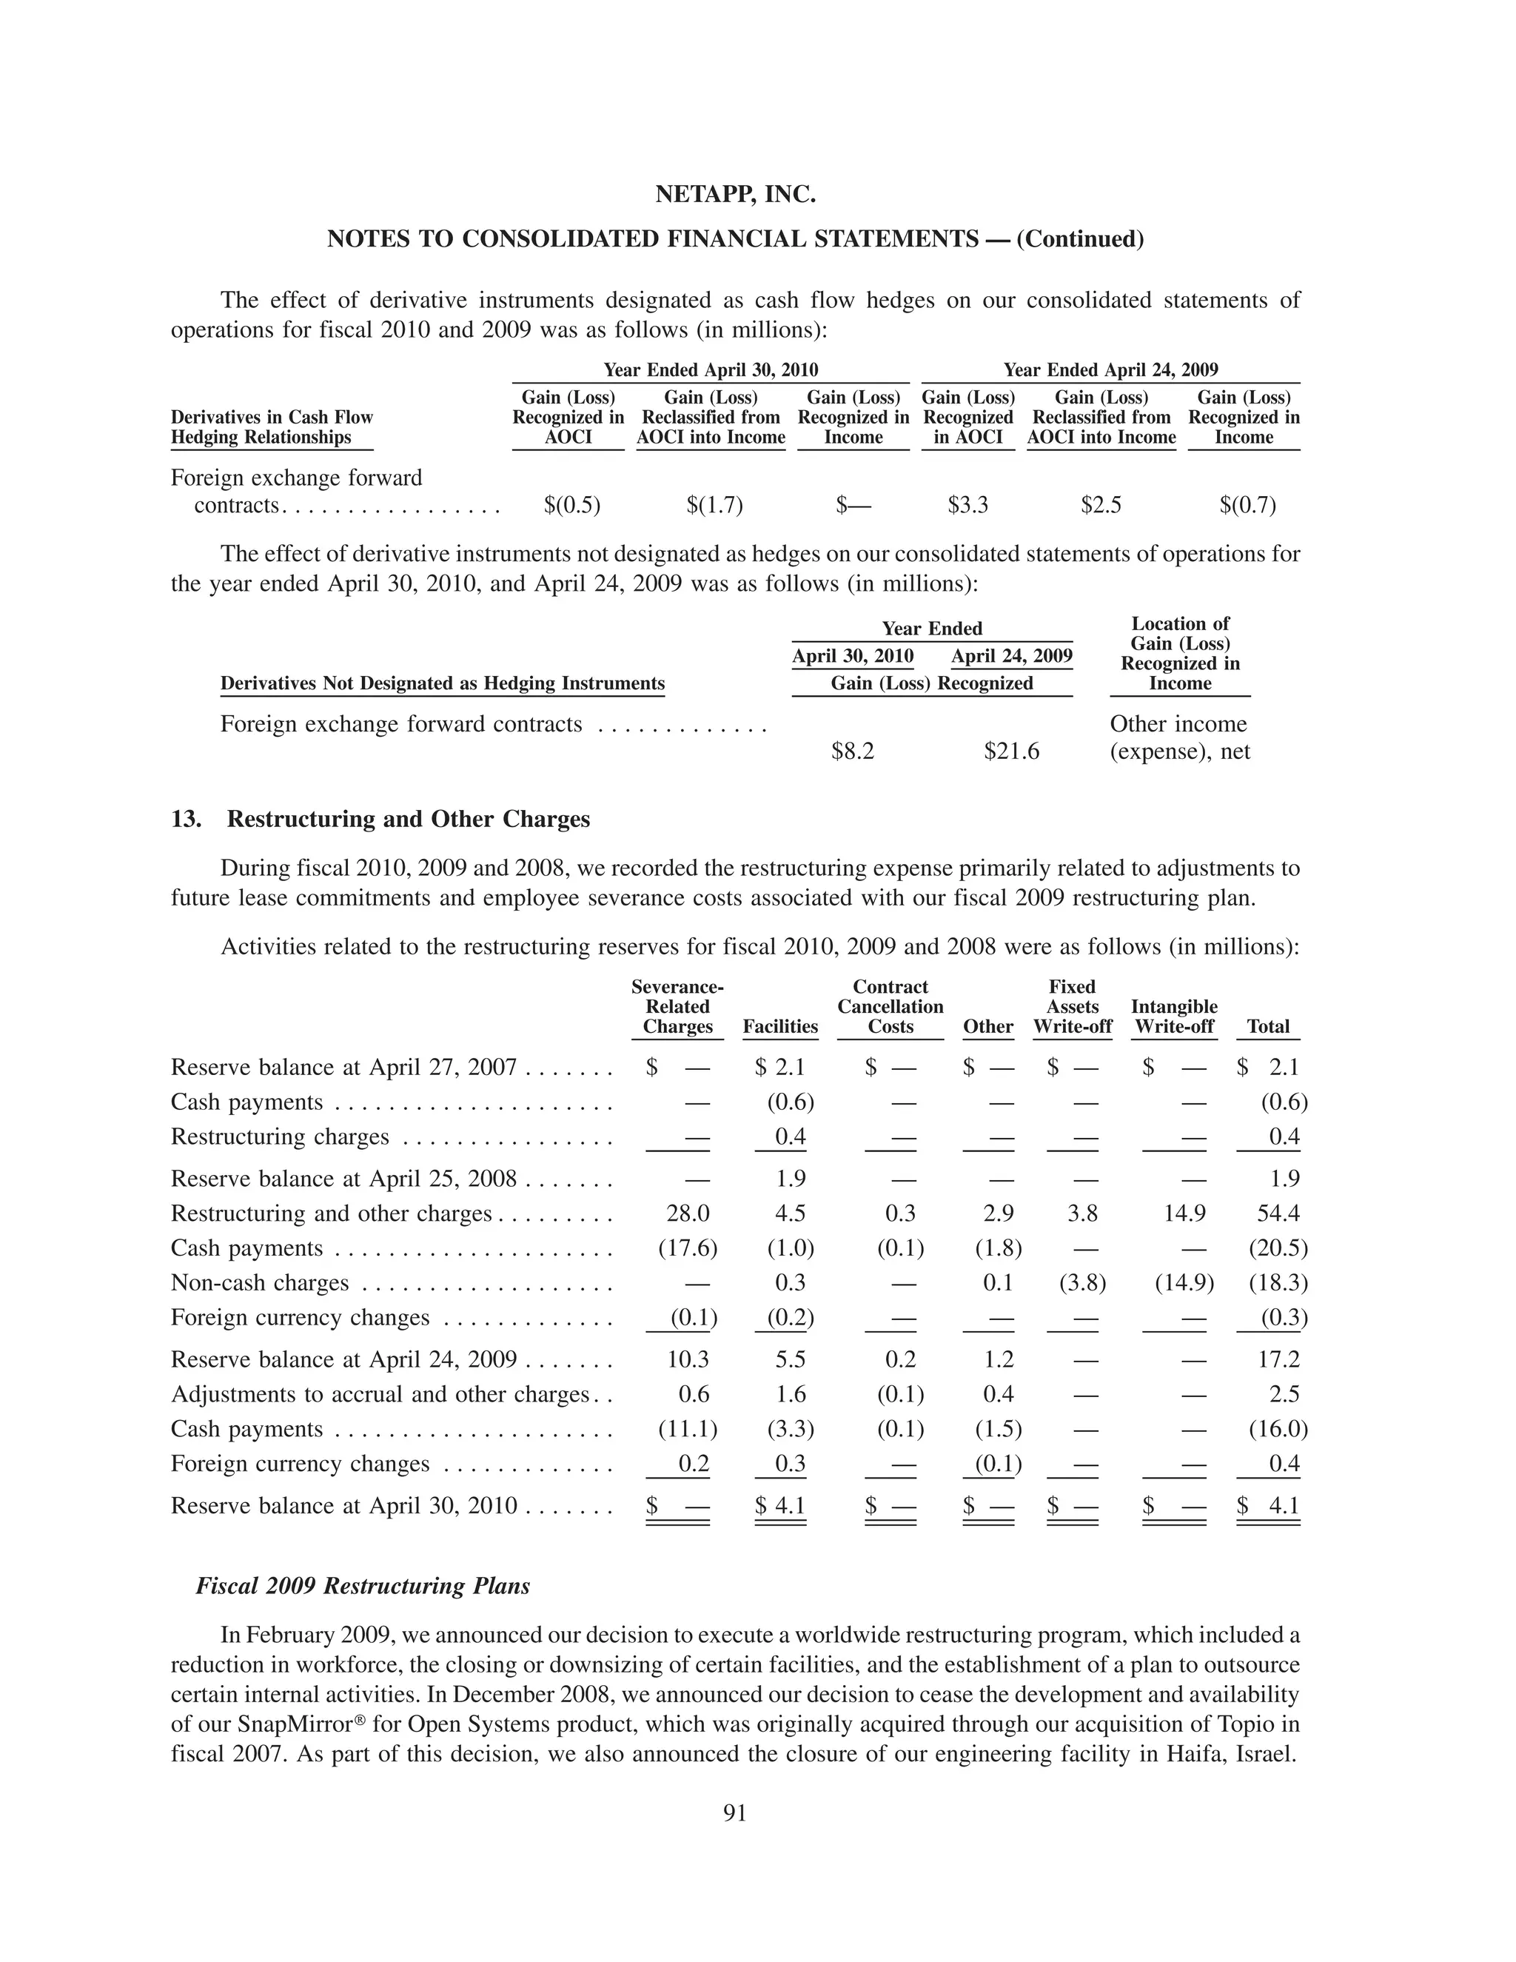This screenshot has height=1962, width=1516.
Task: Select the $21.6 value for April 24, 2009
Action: pos(1011,751)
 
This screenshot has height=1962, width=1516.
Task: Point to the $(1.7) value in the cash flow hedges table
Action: pos(714,505)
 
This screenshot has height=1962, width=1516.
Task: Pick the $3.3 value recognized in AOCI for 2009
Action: pos(967,505)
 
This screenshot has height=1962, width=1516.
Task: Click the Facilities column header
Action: pos(779,1026)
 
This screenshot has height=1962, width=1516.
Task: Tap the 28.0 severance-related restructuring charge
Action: pos(687,1213)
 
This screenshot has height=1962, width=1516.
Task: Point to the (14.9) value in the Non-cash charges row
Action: pos(1184,1283)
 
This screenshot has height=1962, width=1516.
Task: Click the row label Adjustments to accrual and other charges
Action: pos(379,1394)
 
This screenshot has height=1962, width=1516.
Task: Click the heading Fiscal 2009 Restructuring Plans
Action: pos(363,1586)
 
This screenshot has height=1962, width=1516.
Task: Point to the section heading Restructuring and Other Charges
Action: pos(408,820)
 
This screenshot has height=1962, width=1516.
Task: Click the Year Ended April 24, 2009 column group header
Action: pos(1110,369)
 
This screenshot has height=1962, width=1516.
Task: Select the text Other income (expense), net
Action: pos(1179,737)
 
